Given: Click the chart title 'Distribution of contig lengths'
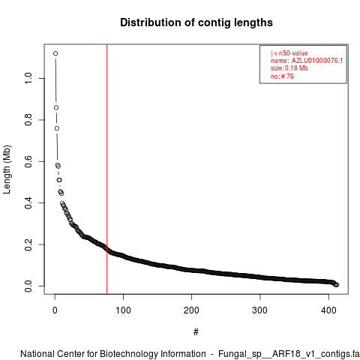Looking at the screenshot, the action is pos(196,22).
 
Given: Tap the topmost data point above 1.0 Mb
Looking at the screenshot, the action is pos(55,53).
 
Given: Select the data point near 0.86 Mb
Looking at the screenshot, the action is pos(56,107).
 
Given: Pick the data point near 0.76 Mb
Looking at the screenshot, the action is pos(57,128).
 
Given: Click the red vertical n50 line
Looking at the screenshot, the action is pos(106,169).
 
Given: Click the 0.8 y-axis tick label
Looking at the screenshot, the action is pos(28,120).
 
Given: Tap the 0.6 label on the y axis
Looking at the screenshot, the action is pos(28,161).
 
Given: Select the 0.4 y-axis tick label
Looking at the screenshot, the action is pos(28,202).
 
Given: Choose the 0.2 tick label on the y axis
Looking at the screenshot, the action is pos(28,244).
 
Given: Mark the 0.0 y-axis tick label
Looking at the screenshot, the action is pos(28,286).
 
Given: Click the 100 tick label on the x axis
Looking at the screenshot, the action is pos(123,310).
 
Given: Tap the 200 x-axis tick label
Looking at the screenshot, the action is pos(191,310).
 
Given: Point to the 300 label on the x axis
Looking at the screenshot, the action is pos(260,310).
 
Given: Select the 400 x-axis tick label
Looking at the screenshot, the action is pos(328,310).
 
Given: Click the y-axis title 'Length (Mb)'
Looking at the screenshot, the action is pos(7,169).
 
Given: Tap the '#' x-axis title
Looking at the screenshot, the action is pos(196,332).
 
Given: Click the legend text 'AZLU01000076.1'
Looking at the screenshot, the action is pos(317,61).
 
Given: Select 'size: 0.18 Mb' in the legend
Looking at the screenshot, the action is pos(289,68).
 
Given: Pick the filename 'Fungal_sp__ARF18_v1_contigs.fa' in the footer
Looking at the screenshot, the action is pos(289,354).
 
